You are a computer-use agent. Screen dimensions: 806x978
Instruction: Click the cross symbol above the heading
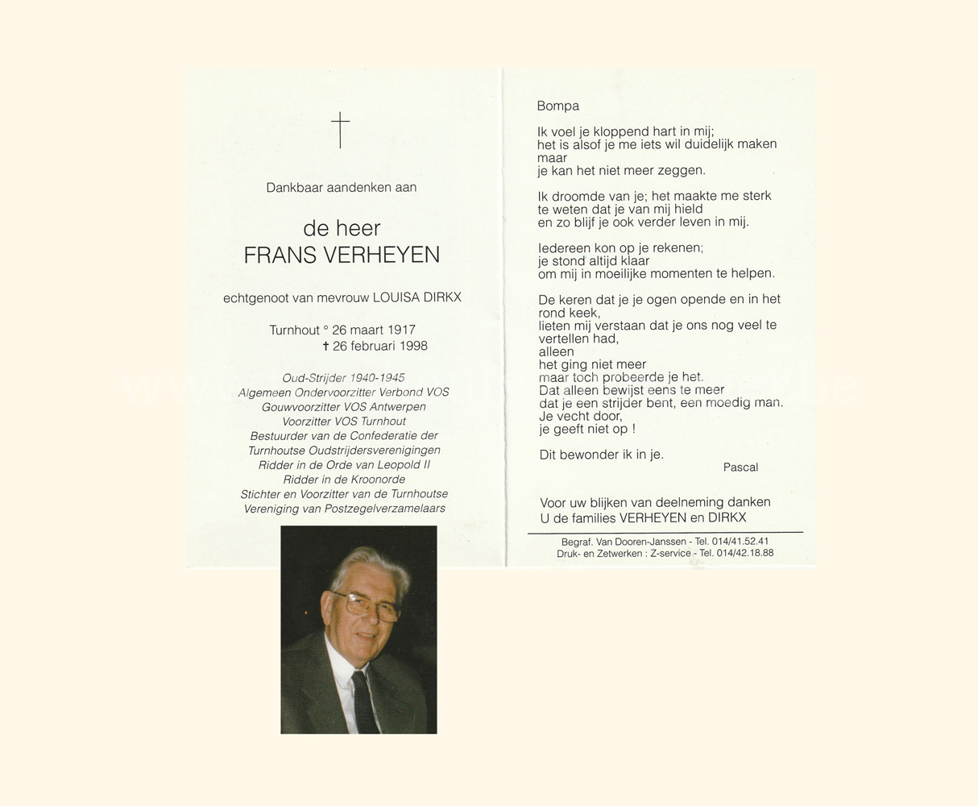pos(340,130)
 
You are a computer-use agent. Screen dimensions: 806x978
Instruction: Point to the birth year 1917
pos(401,330)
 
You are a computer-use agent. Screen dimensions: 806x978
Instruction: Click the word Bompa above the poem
pos(558,106)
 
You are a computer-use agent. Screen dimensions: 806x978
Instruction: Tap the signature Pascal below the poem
pos(740,467)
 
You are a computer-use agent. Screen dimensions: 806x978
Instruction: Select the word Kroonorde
pos(373,480)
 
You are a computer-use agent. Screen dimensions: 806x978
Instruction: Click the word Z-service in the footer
pos(669,554)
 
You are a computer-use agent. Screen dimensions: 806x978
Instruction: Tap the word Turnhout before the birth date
pos(295,330)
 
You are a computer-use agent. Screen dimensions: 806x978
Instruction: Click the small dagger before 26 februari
pos(325,346)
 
